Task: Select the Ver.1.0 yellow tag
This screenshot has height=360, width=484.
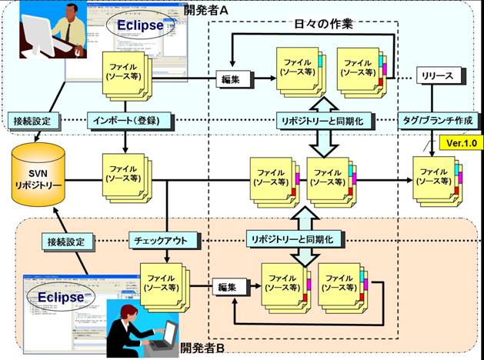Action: point(459,143)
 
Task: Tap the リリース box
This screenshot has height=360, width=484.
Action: point(439,76)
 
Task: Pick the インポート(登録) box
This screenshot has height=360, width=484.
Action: point(125,121)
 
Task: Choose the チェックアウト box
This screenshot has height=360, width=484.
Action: point(159,240)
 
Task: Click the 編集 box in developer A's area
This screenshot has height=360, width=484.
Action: point(232,78)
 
